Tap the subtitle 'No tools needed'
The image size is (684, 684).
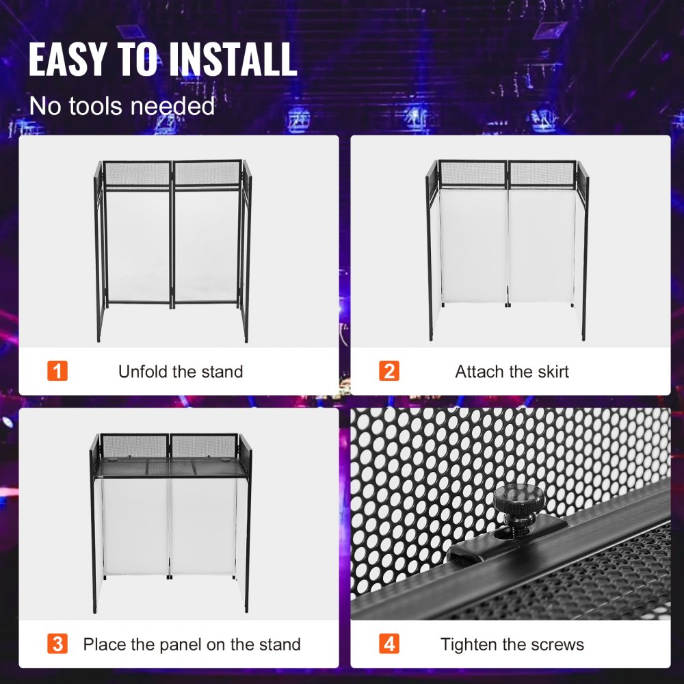coord(122,106)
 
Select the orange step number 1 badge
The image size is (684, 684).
coord(57,371)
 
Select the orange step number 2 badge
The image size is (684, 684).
coord(389,371)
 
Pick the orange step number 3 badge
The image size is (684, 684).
coord(57,644)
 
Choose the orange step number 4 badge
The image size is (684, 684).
coord(389,644)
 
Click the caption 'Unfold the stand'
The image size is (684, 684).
coord(181,371)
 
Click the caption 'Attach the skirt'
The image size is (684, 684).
coord(512,371)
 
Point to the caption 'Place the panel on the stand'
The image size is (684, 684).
coord(192,644)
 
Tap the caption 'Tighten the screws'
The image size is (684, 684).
coord(512,644)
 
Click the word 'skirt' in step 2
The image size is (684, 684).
coord(551,371)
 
